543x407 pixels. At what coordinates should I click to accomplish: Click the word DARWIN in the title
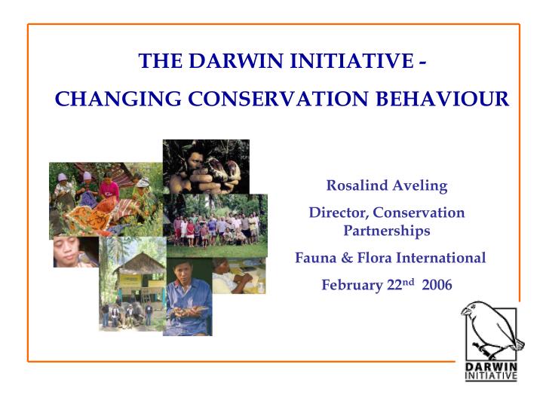(x=229, y=63)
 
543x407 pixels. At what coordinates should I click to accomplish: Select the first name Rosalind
(x=354, y=185)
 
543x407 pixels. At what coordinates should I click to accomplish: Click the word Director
(x=338, y=213)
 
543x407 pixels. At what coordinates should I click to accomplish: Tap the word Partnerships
(x=386, y=231)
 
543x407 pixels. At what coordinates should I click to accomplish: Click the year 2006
(x=437, y=286)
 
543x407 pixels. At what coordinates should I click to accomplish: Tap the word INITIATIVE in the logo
(x=490, y=376)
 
